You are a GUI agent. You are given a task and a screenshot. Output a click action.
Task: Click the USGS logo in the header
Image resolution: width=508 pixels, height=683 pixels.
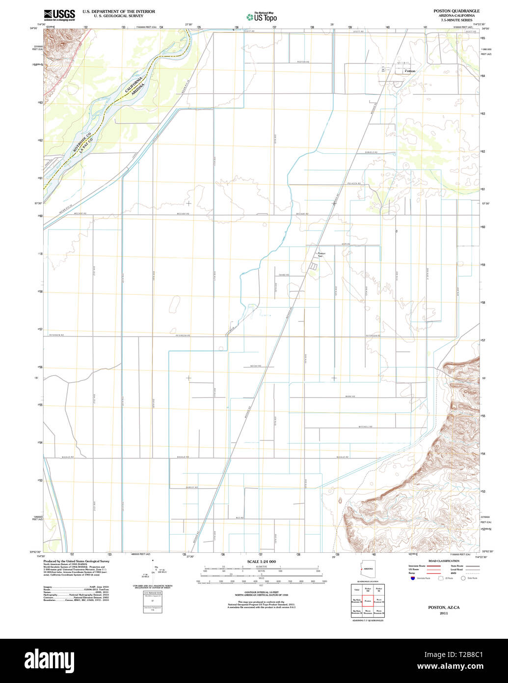point(59,15)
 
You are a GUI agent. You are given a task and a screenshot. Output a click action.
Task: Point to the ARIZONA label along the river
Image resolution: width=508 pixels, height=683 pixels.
point(139,91)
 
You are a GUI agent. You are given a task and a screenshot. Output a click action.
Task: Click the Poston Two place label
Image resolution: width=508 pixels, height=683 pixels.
point(321,255)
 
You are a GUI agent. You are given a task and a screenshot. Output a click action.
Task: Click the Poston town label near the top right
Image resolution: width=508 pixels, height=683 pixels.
point(410,71)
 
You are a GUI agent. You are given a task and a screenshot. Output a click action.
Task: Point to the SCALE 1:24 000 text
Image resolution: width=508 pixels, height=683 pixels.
point(261,562)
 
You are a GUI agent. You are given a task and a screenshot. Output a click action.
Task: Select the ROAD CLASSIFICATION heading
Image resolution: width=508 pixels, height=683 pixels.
point(443,561)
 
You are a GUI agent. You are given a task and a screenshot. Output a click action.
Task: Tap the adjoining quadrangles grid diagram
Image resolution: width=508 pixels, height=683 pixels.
point(368,600)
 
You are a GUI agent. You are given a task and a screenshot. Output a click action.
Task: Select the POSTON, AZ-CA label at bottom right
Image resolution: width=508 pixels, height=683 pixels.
point(443,607)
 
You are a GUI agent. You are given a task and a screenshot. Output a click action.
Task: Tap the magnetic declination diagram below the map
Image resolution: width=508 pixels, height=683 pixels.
point(153,570)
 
